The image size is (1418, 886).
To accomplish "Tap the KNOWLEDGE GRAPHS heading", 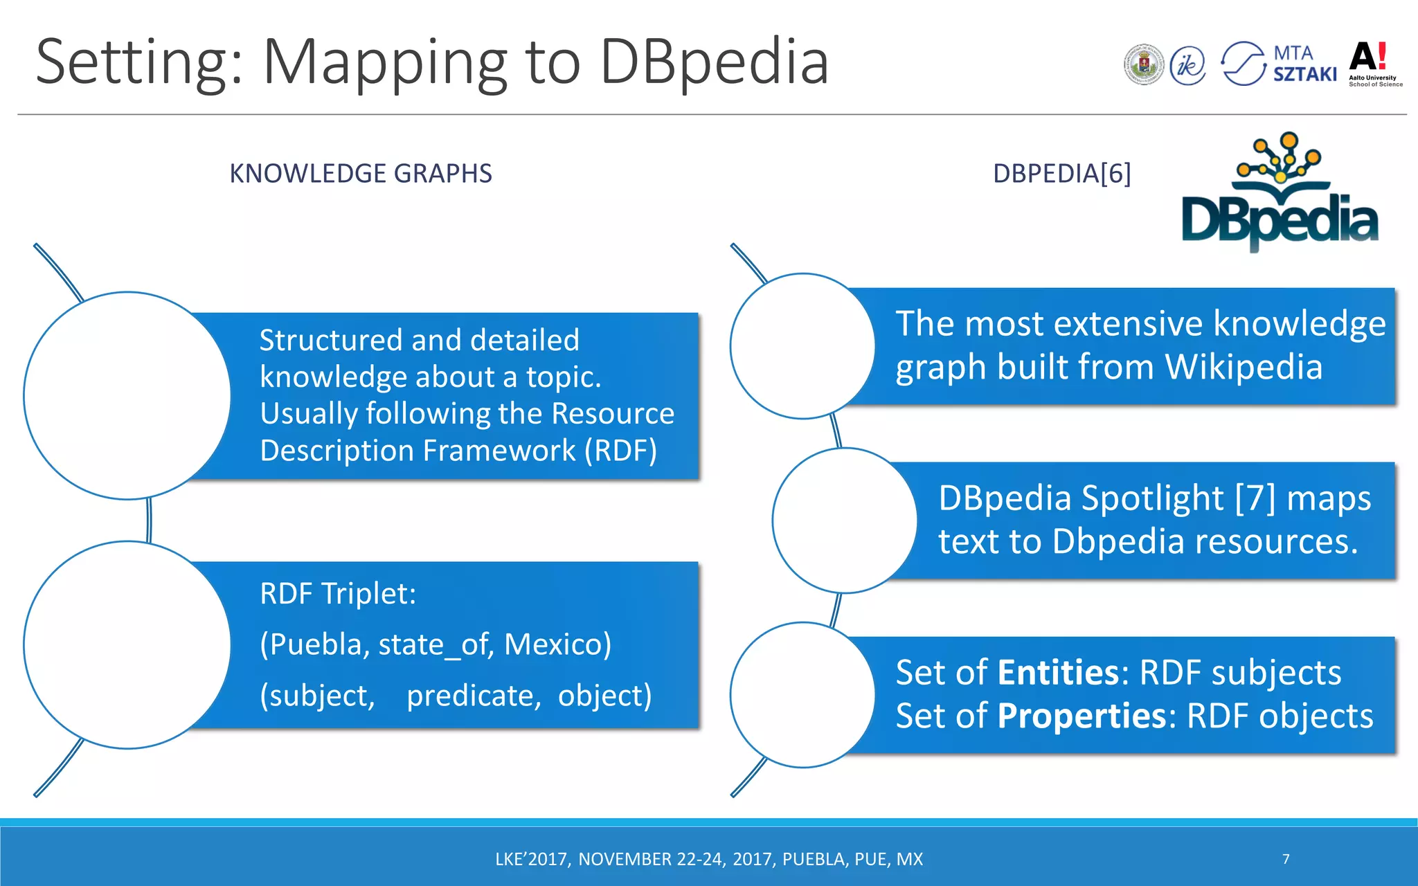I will click(x=360, y=173).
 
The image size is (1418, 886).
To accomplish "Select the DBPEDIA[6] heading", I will click(x=1061, y=173).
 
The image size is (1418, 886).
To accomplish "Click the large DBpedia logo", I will click(x=1280, y=194).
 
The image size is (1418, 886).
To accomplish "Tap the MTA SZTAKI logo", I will click(x=1279, y=64).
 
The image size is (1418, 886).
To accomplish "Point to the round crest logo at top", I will click(x=1144, y=65).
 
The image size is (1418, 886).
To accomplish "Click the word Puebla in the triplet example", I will click(x=315, y=644).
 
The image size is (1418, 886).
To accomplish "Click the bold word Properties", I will click(x=1082, y=716).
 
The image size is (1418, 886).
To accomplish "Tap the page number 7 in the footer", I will click(x=1286, y=859).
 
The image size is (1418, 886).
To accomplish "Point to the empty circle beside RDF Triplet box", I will click(x=127, y=644).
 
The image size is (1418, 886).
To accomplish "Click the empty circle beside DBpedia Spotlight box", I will click(x=845, y=521).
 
